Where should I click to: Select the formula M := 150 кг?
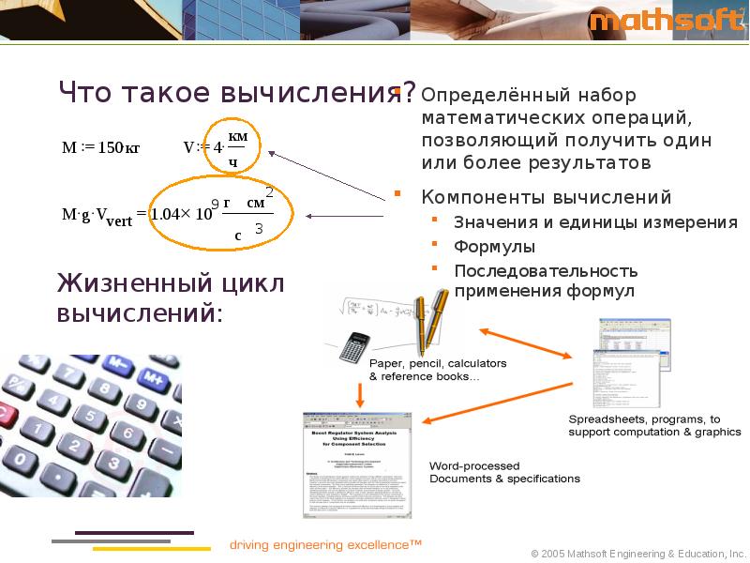(100, 147)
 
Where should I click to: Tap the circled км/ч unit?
(237, 147)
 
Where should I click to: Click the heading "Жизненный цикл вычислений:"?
(170, 297)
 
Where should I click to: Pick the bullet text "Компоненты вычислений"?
(546, 197)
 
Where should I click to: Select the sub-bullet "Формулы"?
(494, 247)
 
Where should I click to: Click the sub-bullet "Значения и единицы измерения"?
(594, 222)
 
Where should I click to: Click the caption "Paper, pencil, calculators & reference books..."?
(437, 370)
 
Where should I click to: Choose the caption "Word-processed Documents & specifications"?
(503, 472)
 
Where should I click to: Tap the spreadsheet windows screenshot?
(629, 360)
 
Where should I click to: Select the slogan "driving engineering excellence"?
(325, 544)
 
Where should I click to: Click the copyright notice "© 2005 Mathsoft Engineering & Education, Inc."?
(637, 553)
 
